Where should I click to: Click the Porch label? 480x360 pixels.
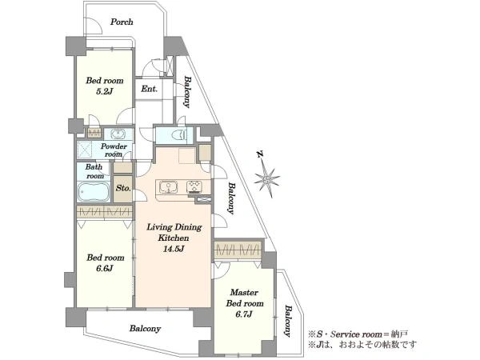pos(122,22)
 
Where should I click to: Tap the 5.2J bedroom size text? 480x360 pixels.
pos(105,91)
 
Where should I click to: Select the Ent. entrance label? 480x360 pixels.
pos(149,89)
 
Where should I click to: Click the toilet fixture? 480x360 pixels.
pos(179,135)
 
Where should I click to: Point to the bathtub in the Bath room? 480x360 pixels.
pos(94,192)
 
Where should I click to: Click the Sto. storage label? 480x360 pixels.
pos(123,188)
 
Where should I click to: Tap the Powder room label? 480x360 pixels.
pos(114,150)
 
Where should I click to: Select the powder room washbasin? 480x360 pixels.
pos(118,134)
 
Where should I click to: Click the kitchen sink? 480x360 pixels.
pos(168,187)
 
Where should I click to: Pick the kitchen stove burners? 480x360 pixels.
pos(194,186)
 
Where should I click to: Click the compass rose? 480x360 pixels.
pos(267,178)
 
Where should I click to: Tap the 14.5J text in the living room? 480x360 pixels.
pos(174,249)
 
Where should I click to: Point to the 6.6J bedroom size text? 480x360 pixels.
pos(105,269)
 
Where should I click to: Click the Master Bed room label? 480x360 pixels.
pos(245,298)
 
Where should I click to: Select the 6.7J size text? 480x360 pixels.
pos(244,314)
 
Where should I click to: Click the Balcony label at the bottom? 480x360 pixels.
pos(145,329)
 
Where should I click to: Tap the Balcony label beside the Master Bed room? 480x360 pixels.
pos(287,321)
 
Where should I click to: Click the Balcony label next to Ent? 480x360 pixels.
pos(187,92)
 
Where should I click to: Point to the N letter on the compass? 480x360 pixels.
pos(261,154)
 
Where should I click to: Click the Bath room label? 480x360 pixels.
pos(94,171)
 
